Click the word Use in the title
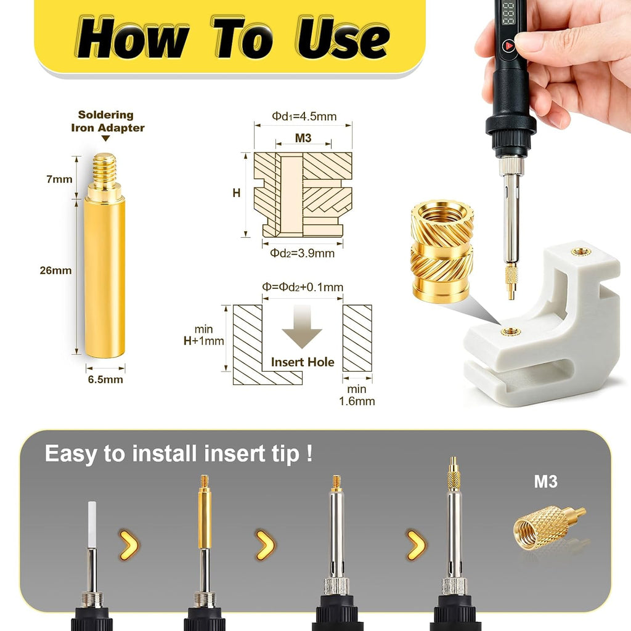343,38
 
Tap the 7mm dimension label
59,179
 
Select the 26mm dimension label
55,271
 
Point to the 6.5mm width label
105,380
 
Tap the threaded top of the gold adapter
105,168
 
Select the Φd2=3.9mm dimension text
302,253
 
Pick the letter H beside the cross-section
237,193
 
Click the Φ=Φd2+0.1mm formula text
303,287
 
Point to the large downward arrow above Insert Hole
302,327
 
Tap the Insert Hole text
303,362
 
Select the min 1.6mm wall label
357,395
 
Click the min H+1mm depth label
203,335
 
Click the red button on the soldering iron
509,46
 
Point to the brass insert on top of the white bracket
579,252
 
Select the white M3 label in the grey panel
546,482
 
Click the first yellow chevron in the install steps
129,545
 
